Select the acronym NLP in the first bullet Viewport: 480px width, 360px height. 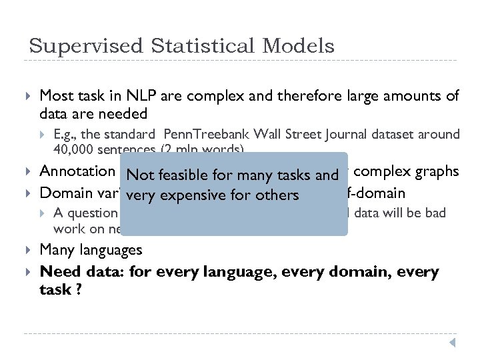(x=138, y=96)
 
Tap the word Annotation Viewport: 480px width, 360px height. (x=77, y=171)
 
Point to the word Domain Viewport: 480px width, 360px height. (x=64, y=193)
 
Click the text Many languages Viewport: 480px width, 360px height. (x=91, y=250)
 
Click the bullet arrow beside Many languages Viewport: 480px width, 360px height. (x=27, y=251)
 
